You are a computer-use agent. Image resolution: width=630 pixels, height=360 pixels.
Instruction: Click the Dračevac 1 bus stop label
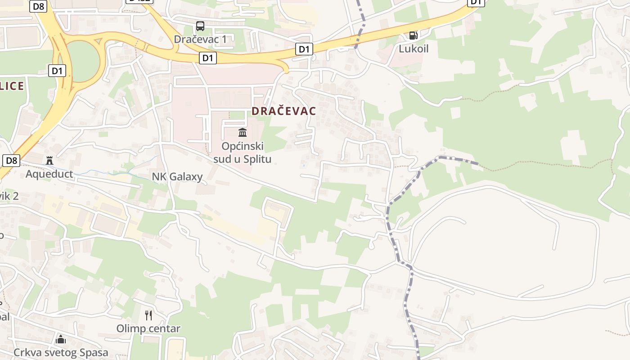[200, 39]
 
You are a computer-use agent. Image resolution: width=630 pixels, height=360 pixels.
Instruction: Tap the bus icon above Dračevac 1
[200, 26]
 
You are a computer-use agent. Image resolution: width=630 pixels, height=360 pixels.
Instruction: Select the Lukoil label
[414, 49]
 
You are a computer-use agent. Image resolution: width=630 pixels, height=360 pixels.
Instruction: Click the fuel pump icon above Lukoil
[413, 35]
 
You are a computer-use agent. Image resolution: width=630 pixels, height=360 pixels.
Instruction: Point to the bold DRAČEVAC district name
[284, 111]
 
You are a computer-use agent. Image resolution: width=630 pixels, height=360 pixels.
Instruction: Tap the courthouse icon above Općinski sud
[243, 132]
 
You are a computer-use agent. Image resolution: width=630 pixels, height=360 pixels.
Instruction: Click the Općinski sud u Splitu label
[243, 153]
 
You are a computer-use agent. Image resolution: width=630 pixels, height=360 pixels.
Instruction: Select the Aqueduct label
[49, 174]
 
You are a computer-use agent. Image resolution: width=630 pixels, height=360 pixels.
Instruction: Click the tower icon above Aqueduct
[49, 160]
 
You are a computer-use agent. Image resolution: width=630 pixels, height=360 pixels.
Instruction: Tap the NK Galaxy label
[177, 176]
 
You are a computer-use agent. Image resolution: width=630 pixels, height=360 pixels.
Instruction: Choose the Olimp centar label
[148, 328]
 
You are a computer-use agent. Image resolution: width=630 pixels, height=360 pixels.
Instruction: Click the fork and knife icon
[148, 315]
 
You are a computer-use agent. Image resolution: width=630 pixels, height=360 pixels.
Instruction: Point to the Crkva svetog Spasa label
[61, 352]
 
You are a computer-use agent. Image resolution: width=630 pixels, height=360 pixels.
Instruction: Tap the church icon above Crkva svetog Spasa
[61, 339]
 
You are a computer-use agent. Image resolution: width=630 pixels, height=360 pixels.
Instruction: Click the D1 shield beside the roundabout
[57, 71]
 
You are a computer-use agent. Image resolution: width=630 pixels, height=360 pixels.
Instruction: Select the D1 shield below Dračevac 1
[207, 58]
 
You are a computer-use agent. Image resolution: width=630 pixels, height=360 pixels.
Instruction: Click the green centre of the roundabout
[83, 61]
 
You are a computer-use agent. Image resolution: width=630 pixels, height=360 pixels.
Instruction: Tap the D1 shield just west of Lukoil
[304, 49]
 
